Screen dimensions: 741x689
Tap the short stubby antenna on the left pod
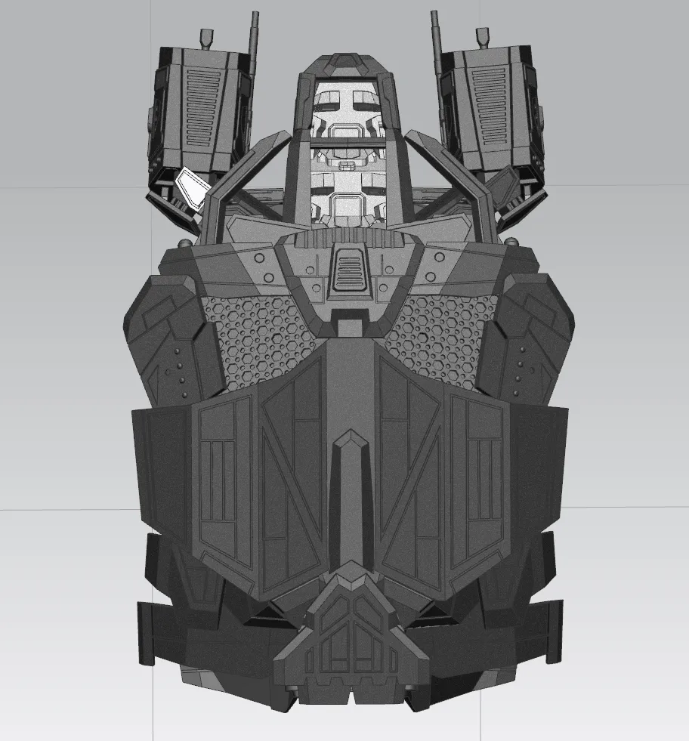pos(206,37)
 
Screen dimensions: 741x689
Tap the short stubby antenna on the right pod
pos(483,37)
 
